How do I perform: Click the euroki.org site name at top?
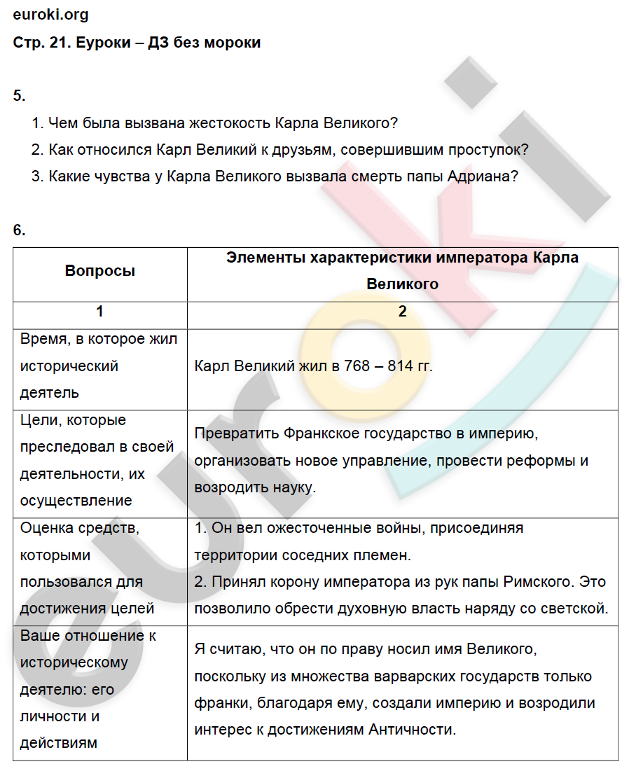click(51, 15)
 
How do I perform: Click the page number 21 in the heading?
click(57, 43)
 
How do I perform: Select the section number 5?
click(19, 96)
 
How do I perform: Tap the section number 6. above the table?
click(19, 230)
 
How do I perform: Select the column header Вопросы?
click(100, 271)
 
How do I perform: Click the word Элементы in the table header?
click(265, 258)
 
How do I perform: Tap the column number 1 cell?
click(100, 312)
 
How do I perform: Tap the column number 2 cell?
click(402, 312)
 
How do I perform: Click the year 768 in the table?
click(352, 366)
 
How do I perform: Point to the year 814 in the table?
click(401, 366)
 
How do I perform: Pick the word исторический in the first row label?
click(69, 366)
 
